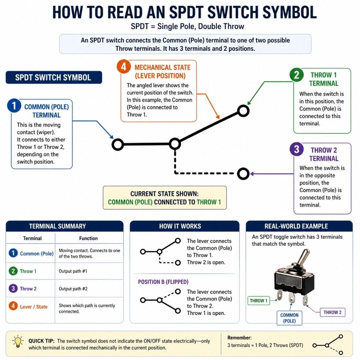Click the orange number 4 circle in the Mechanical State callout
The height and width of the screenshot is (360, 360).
click(124, 67)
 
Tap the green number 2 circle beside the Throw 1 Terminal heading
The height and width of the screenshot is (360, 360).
click(296, 75)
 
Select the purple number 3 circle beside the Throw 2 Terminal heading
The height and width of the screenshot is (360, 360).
click(296, 149)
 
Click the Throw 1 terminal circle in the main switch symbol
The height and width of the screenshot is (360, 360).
click(243, 111)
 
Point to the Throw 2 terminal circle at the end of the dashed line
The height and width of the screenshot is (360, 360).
click(243, 174)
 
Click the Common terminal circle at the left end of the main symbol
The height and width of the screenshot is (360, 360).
click(118, 144)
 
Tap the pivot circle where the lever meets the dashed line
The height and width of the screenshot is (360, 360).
click(175, 144)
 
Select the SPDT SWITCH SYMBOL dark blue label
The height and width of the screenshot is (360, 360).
click(53, 78)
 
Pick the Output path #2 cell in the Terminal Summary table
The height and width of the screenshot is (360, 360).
click(73, 289)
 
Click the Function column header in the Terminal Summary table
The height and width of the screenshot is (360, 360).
click(88, 238)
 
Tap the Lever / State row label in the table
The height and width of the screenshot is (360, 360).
click(33, 307)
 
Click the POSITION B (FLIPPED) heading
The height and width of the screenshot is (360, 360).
click(163, 282)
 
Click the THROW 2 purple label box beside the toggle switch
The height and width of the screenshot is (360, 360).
click(332, 312)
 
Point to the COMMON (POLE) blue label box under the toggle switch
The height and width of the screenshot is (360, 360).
click(289, 318)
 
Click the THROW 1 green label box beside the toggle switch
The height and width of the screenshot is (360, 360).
click(259, 300)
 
